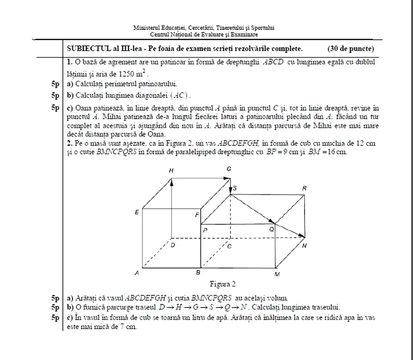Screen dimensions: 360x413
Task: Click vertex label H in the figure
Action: pyautogui.click(x=171, y=170)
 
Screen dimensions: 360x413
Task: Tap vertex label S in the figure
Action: pyautogui.click(x=236, y=189)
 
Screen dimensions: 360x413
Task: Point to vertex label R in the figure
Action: pyautogui.click(x=304, y=189)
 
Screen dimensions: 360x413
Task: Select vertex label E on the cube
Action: pyautogui.click(x=137, y=212)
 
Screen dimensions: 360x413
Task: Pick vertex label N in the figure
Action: pyautogui.click(x=304, y=246)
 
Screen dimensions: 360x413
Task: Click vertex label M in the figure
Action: pyautogui.click(x=277, y=275)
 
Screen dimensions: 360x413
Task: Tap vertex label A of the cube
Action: pyautogui.click(x=136, y=273)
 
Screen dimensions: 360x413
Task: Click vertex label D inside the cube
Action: pyautogui.click(x=173, y=245)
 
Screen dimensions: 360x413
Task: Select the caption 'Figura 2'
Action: pyautogui.click(x=223, y=284)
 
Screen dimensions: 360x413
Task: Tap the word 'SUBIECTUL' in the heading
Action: pyautogui.click(x=85, y=49)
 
